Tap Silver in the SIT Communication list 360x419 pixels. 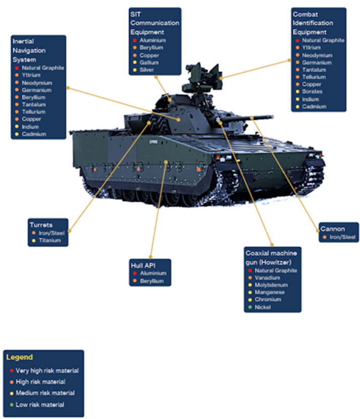click(x=147, y=70)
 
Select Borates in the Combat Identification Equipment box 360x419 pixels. click(x=312, y=92)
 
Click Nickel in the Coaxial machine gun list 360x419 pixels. click(x=263, y=307)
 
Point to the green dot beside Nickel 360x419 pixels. click(x=249, y=307)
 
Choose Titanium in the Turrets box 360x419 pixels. click(x=49, y=241)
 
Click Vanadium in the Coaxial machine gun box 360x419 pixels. click(x=267, y=278)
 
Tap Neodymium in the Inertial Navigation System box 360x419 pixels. click(x=37, y=82)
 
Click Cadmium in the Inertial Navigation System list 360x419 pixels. click(x=34, y=134)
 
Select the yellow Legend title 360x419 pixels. click(x=20, y=357)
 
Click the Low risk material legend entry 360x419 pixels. click(x=40, y=404)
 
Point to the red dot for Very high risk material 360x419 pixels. click(x=11, y=371)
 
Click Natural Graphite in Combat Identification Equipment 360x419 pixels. click(x=323, y=40)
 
